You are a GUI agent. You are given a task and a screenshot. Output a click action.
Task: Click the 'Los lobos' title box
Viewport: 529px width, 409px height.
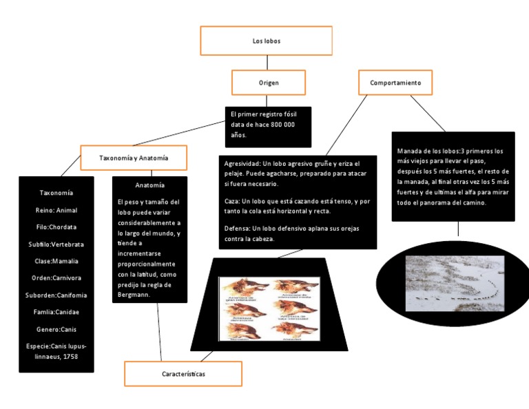pyautogui.click(x=266, y=41)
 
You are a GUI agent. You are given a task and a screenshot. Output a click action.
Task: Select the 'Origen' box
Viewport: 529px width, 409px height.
pyautogui.click(x=268, y=83)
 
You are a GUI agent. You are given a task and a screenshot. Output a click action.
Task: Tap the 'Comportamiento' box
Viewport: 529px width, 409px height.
pyautogui.click(x=395, y=83)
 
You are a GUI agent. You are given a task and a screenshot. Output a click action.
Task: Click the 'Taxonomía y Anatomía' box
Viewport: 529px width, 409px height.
pyautogui.click(x=134, y=158)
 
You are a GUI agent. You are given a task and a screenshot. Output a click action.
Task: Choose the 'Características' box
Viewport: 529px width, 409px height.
pyautogui.click(x=183, y=373)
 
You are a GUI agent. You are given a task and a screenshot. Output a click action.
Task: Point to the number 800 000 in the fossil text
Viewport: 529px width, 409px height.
pyautogui.click(x=280, y=124)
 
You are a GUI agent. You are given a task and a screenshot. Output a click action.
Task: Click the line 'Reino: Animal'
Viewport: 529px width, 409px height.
pyautogui.click(x=56, y=210)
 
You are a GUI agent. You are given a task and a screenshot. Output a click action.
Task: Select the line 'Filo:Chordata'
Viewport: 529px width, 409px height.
pyautogui.click(x=56, y=227)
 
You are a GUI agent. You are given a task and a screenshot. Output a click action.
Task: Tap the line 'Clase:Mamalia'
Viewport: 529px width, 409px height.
pyautogui.click(x=56, y=261)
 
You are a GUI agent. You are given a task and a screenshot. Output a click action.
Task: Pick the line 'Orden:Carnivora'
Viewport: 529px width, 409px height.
pyautogui.click(x=56, y=278)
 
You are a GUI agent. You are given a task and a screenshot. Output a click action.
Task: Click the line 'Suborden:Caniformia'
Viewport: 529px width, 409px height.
pyautogui.click(x=56, y=295)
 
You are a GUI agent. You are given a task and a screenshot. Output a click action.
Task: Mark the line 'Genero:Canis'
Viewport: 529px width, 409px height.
pyautogui.click(x=56, y=329)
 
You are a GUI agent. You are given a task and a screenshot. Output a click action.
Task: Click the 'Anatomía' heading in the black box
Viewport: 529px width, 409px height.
pyautogui.click(x=149, y=185)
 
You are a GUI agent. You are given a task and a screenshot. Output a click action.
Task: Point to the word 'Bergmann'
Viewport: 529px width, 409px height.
pyautogui.click(x=134, y=295)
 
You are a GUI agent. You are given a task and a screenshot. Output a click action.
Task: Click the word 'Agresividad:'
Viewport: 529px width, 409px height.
pyautogui.click(x=242, y=164)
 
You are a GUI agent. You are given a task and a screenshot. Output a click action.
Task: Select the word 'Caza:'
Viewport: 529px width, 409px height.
pyautogui.click(x=233, y=201)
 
